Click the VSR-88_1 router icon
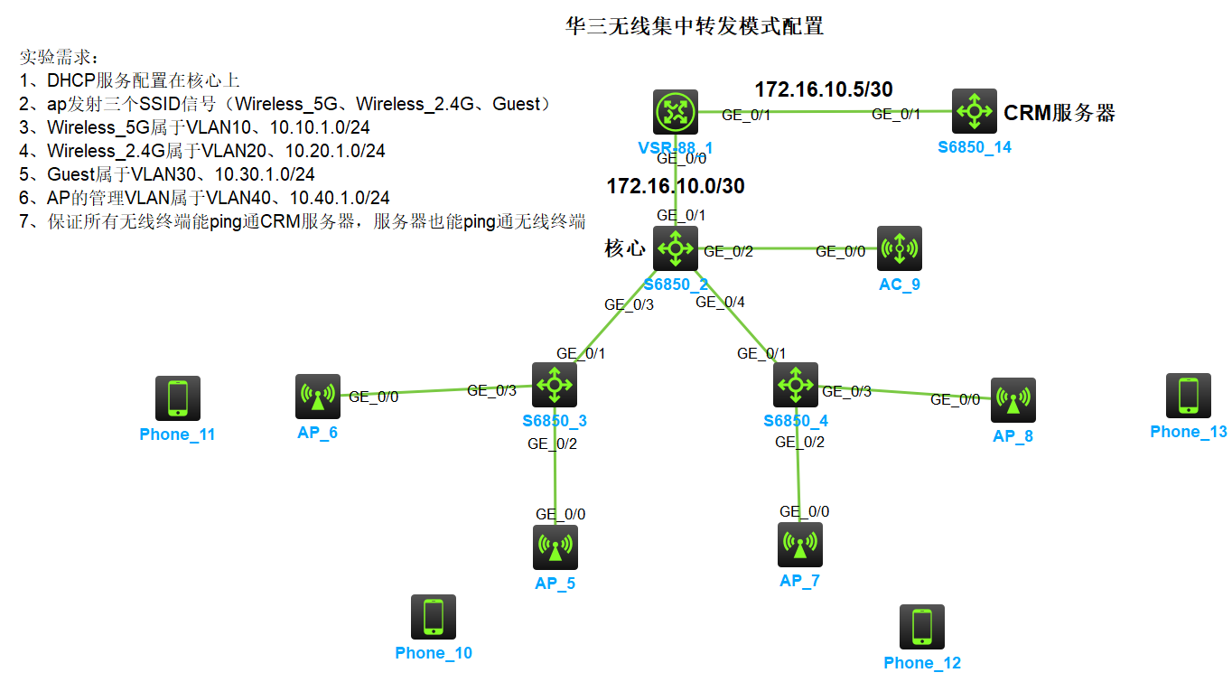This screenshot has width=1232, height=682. tap(677, 112)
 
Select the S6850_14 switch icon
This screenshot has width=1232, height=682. tap(975, 111)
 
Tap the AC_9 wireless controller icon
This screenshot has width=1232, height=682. tap(900, 248)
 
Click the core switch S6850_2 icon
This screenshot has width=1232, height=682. tap(677, 248)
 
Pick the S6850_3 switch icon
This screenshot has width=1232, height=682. tap(554, 385)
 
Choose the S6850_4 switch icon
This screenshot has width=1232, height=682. tap(796, 385)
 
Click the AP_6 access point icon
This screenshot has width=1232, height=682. tap(318, 397)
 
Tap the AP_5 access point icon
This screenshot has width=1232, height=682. tap(555, 547)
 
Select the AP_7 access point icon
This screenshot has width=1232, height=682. tap(800, 545)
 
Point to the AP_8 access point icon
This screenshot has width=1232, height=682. tap(1013, 400)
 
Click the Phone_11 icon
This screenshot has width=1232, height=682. tap(178, 398)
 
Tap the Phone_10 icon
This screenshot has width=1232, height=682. tap(434, 617)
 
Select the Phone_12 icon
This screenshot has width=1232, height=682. tap(922, 627)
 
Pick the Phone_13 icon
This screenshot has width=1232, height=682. tap(1189, 396)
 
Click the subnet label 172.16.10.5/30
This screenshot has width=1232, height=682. tap(824, 89)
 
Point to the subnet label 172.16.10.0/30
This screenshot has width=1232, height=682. tap(676, 186)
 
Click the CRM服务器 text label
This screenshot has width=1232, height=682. tap(1059, 113)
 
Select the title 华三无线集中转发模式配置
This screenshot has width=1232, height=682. tap(694, 26)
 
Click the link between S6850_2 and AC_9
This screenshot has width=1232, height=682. tap(786, 248)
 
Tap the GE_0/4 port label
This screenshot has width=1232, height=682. tap(720, 303)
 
